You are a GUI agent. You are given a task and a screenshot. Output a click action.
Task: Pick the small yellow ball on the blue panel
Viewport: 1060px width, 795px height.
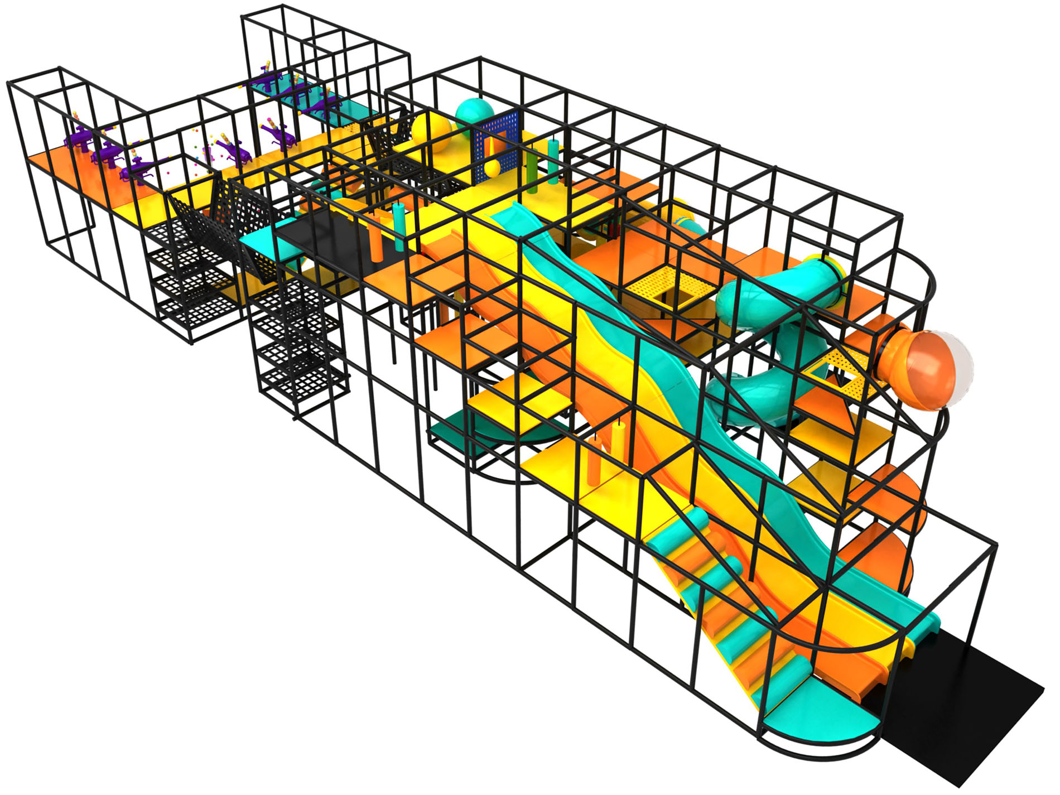(493, 168)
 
